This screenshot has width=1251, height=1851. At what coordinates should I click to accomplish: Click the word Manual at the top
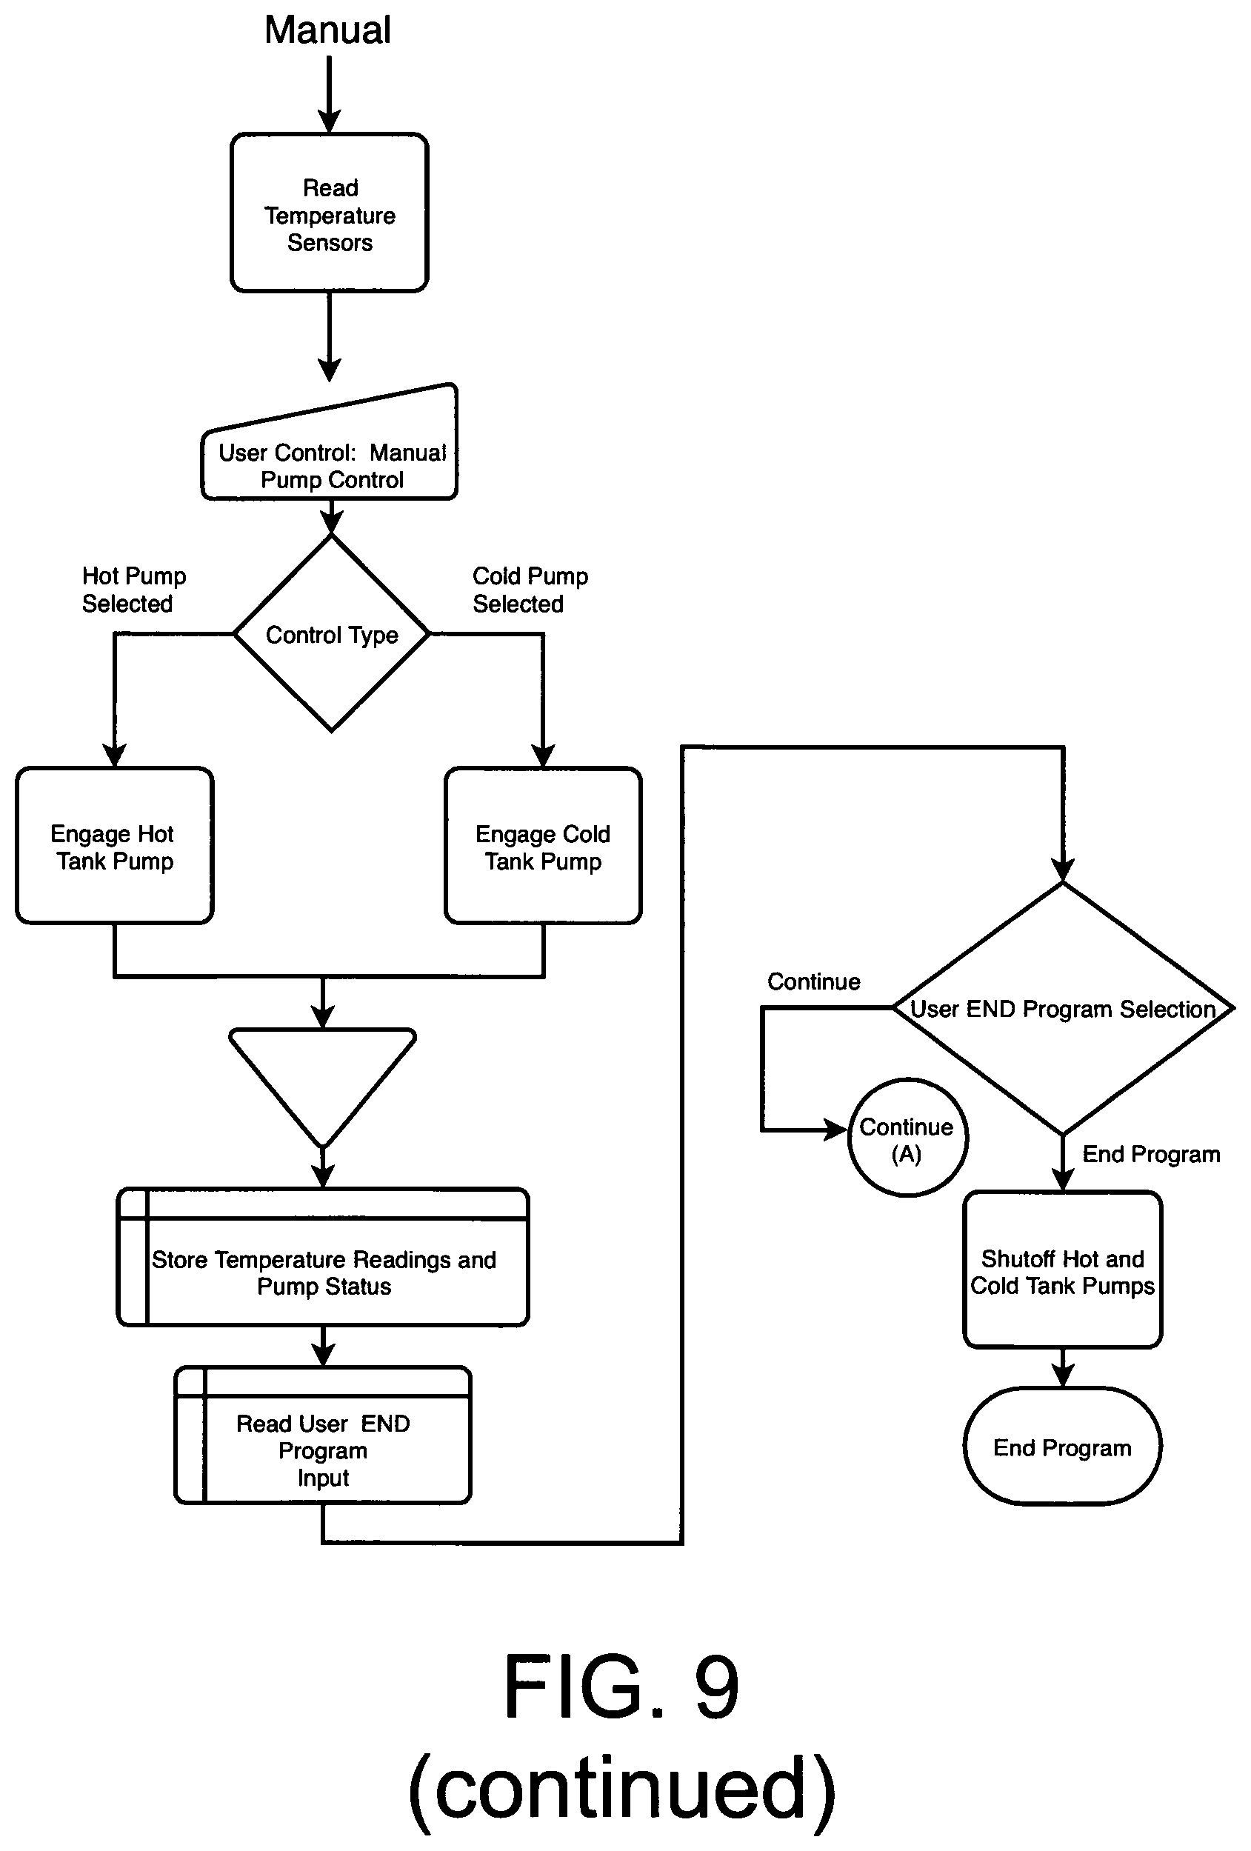(x=327, y=30)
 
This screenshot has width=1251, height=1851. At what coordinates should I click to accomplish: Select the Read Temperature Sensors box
(x=329, y=213)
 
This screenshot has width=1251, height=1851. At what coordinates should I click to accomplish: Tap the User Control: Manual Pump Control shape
(x=329, y=442)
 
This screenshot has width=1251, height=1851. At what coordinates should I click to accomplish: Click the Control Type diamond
(x=331, y=633)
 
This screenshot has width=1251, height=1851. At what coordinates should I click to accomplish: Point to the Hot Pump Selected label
(x=134, y=590)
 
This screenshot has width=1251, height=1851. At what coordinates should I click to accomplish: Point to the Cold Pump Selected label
(x=530, y=590)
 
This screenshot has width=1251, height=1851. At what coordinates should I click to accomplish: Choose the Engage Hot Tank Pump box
(x=115, y=846)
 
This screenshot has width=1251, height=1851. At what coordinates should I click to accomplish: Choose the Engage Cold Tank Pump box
(x=543, y=846)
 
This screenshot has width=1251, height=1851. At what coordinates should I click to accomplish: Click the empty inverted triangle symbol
(x=322, y=1087)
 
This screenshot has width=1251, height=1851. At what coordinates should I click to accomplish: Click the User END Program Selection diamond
(x=1063, y=1008)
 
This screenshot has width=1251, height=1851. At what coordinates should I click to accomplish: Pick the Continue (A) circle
(x=907, y=1138)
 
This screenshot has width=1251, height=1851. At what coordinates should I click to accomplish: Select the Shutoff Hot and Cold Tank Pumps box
(x=1062, y=1270)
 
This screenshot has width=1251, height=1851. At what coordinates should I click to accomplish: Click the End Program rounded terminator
(x=1062, y=1447)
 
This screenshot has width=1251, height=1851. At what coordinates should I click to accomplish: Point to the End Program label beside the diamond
(x=1151, y=1154)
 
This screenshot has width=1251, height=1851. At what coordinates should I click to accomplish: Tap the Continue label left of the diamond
(x=813, y=981)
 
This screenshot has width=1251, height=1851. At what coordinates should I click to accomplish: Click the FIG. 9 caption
(x=622, y=1685)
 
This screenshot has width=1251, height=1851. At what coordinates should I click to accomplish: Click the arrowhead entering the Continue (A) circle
(x=835, y=1130)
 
